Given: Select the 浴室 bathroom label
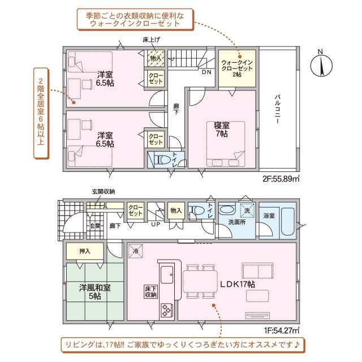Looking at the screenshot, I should [x=269, y=216].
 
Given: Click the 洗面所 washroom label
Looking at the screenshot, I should [x=237, y=222].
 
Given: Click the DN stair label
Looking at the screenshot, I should [x=207, y=72].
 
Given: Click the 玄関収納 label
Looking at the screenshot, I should [x=104, y=192].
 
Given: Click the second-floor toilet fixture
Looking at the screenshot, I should [x=160, y=160].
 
